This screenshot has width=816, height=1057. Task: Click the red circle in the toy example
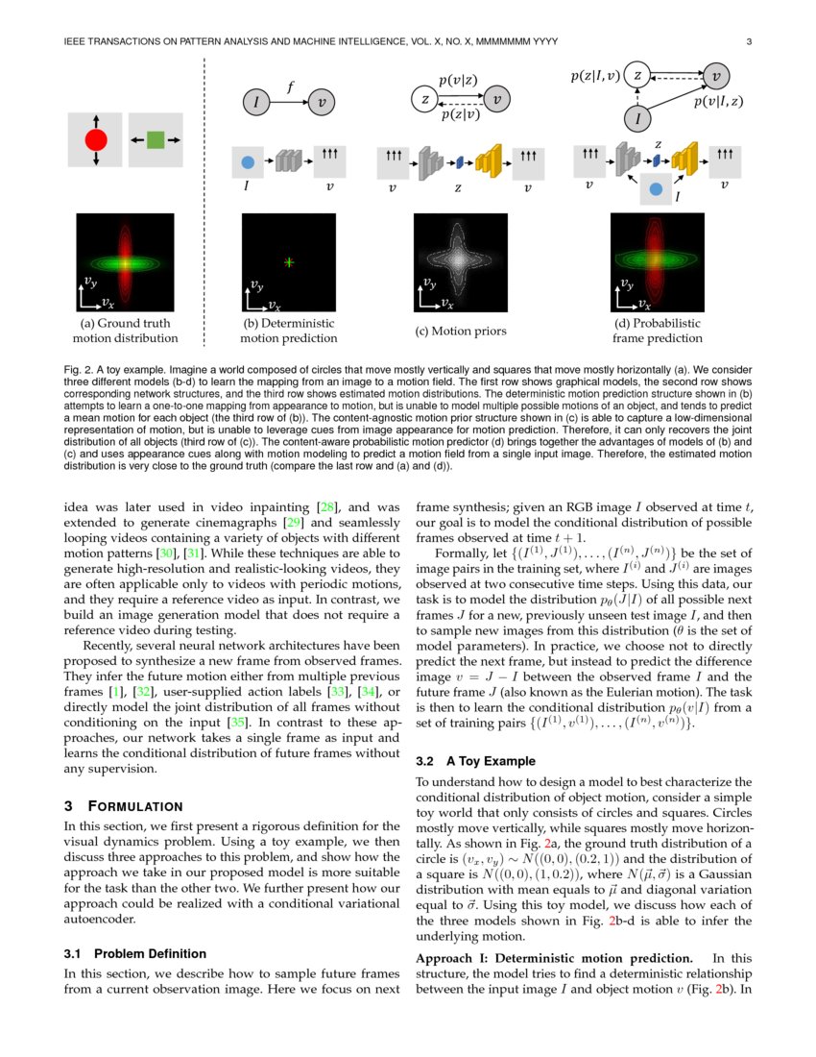tap(96, 140)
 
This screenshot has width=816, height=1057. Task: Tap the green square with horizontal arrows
tap(156, 140)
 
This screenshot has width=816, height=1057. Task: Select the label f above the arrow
tap(291, 87)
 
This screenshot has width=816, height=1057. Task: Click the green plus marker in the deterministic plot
tap(289, 261)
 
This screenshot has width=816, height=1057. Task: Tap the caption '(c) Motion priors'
tap(461, 332)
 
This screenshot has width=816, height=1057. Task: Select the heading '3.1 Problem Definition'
tap(134, 953)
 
